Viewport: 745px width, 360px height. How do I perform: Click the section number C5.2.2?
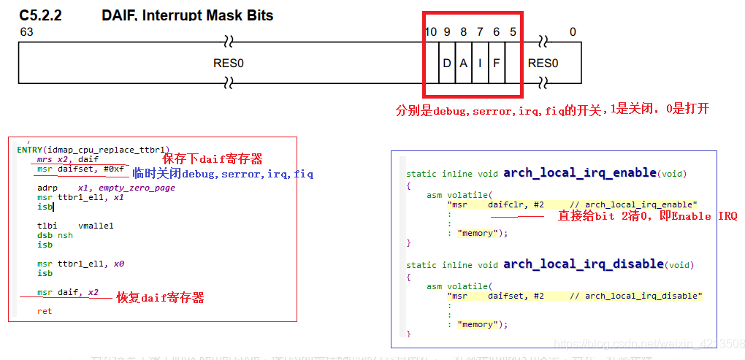[40, 15]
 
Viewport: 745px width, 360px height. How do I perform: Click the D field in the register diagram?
[447, 64]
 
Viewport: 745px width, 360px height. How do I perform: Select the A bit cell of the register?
[463, 64]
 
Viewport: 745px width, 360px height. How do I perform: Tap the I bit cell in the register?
[480, 64]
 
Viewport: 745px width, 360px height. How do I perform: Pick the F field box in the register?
[496, 64]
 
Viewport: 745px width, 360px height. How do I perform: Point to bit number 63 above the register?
[27, 32]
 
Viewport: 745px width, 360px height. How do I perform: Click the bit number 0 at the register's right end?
[573, 32]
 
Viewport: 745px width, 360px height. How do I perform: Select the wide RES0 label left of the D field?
[229, 64]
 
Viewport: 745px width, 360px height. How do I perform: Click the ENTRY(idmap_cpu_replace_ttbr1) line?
[93, 149]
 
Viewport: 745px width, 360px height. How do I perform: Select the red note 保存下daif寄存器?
[212, 158]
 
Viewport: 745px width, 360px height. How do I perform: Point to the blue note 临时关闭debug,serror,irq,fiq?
[223, 174]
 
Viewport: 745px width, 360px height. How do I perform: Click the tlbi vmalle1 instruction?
[75, 226]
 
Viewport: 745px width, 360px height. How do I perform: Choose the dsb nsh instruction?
[55, 235]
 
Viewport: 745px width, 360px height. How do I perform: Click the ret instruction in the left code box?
[45, 311]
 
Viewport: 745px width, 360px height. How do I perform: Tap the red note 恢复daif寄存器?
[160, 298]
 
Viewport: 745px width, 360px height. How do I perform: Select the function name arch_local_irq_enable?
[579, 172]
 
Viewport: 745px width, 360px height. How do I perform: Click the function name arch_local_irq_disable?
[583, 264]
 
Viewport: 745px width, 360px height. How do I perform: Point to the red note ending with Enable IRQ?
[647, 216]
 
